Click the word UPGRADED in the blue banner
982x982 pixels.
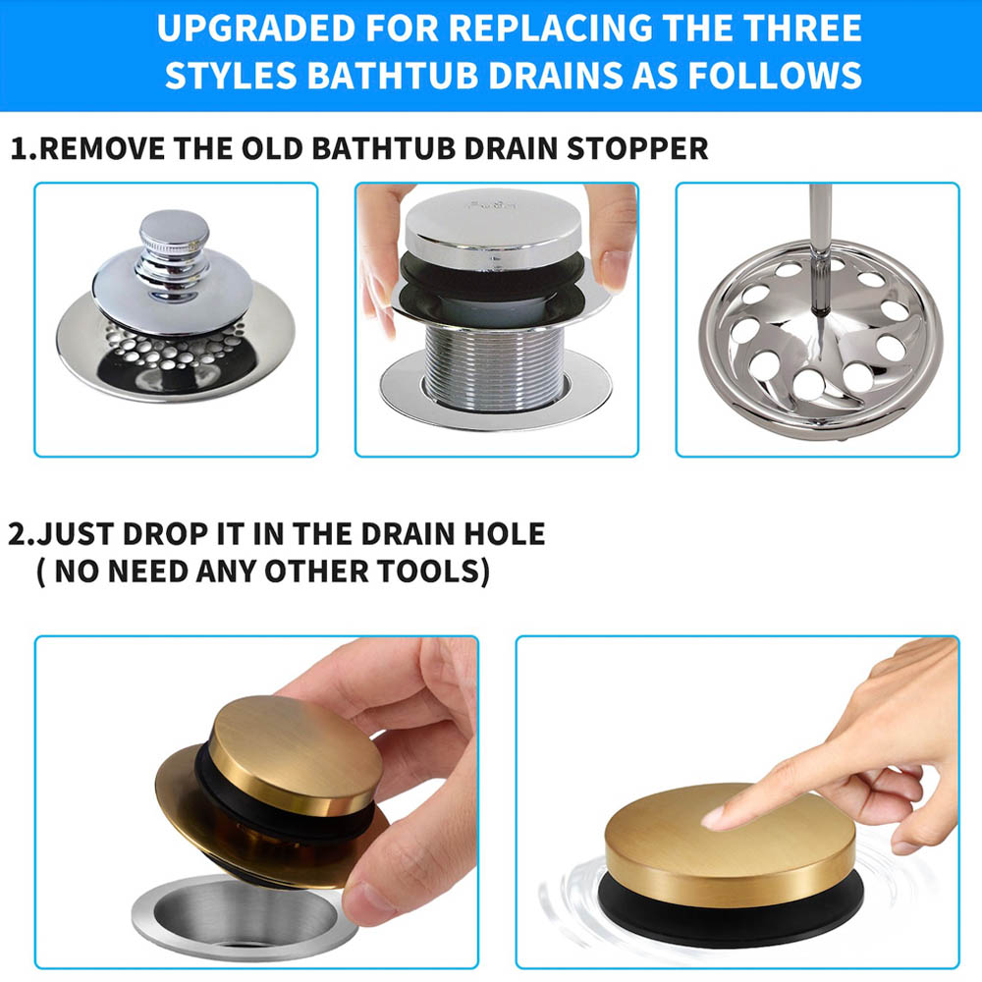tap(255, 28)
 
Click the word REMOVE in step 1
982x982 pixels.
tap(103, 149)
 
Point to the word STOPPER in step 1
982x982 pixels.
tap(637, 149)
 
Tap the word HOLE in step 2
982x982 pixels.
tap(504, 534)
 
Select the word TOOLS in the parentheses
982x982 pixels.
tap(433, 572)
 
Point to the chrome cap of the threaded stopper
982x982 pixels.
tap(494, 229)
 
